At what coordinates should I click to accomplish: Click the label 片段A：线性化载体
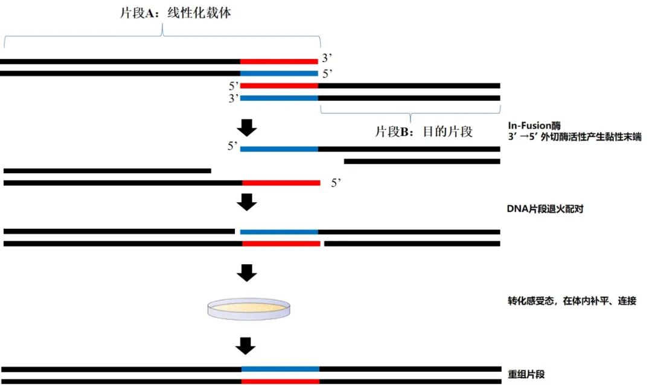pyautogui.click(x=176, y=14)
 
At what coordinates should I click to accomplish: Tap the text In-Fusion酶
pyautogui.click(x=534, y=126)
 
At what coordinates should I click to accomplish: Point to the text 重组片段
pyautogui.click(x=526, y=374)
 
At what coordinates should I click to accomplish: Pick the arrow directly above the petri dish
pyautogui.click(x=246, y=273)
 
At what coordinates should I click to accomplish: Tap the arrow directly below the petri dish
pyautogui.click(x=246, y=346)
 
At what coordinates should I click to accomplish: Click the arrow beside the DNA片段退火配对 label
pyautogui.click(x=246, y=202)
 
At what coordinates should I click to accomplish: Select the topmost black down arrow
pyautogui.click(x=246, y=128)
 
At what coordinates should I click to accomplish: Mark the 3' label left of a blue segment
pyautogui.click(x=234, y=98)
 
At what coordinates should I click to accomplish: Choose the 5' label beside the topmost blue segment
pyautogui.click(x=327, y=74)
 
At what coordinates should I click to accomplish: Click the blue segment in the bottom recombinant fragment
pyautogui.click(x=280, y=368)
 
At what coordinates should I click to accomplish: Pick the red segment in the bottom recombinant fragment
pyautogui.click(x=280, y=381)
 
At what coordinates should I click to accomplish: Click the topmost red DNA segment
pyautogui.click(x=279, y=61)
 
